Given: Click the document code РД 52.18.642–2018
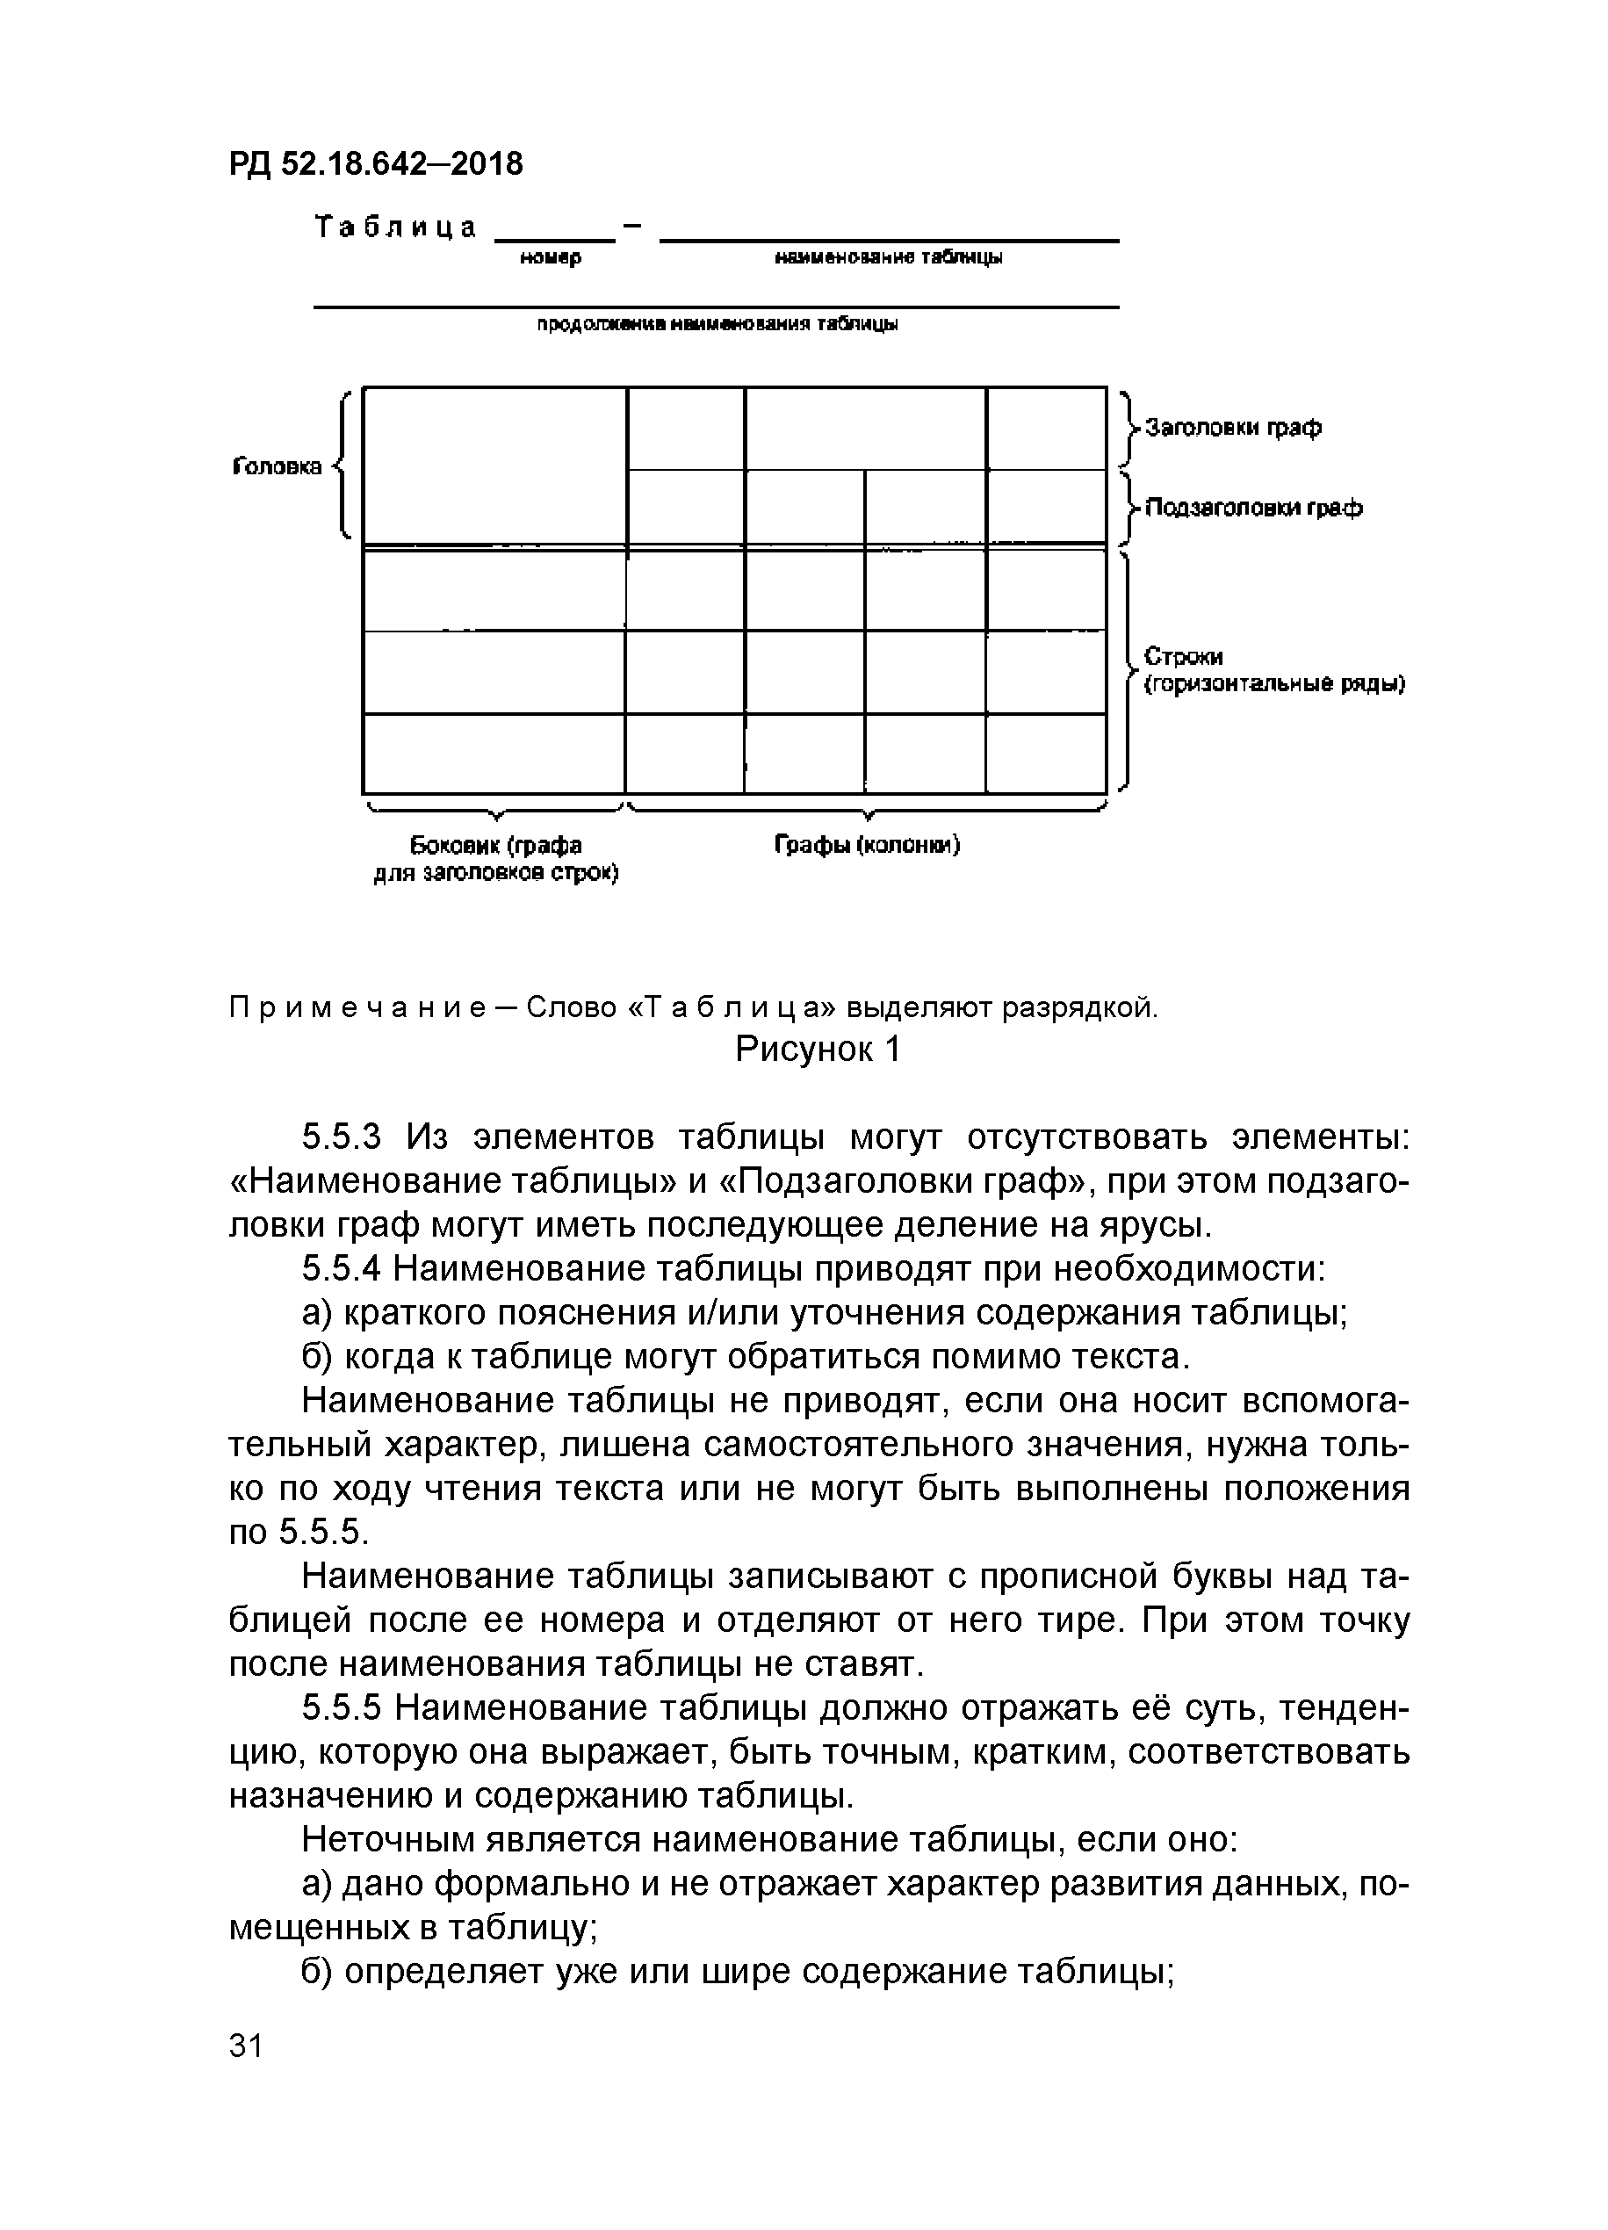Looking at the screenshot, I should click(x=377, y=163).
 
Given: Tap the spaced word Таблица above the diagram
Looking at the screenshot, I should click(x=395, y=228).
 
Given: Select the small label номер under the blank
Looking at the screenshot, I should click(x=551, y=257).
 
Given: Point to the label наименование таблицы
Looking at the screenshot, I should click(x=889, y=257).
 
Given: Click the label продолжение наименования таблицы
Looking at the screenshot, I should click(x=717, y=324).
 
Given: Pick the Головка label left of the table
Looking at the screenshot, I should click(x=278, y=466).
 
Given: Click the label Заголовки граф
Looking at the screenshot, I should click(x=1234, y=428).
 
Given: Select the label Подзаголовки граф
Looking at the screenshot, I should click(x=1254, y=509).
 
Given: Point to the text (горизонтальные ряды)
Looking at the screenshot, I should click(x=1273, y=684).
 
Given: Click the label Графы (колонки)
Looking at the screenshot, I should click(x=867, y=845).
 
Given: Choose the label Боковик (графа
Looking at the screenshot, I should click(x=495, y=846).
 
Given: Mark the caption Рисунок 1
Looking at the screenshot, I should click(x=818, y=1050).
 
